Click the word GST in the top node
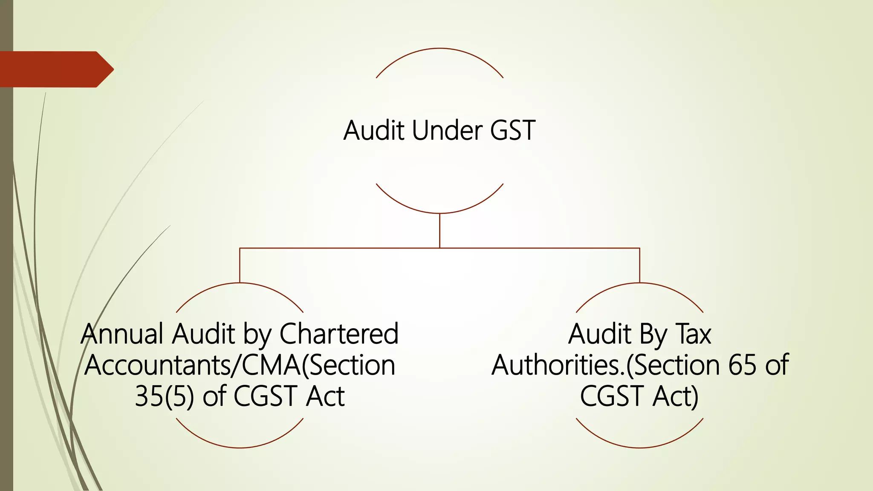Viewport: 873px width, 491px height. point(512,130)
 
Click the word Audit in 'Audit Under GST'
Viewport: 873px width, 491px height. point(374,130)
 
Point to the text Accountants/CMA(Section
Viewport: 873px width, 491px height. point(240,365)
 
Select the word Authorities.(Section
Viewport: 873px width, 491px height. point(605,365)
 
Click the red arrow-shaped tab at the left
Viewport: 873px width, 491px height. point(55,69)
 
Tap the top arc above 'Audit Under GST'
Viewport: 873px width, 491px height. point(439,49)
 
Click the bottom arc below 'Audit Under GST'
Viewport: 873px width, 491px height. point(439,213)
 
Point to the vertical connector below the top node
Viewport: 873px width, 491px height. point(439,230)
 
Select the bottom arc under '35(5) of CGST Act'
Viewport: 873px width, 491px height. point(240,447)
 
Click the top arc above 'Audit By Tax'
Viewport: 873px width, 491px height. point(639,283)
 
